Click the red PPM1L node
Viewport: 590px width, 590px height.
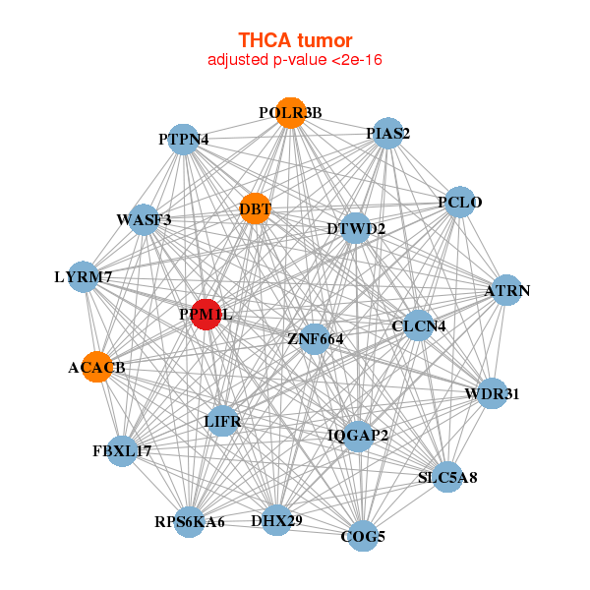206,315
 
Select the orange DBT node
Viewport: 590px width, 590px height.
255,208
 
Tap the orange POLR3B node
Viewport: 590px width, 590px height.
290,112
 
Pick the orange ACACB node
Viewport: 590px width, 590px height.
96,368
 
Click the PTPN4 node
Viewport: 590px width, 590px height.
184,140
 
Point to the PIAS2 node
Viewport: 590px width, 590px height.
388,133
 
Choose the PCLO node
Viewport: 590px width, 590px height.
459,204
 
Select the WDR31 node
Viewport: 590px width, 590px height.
492,394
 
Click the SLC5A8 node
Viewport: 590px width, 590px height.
447,478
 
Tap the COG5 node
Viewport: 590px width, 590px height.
363,536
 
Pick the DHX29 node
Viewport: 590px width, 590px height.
277,520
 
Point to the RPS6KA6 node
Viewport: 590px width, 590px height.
190,521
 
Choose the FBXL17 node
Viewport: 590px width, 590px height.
122,451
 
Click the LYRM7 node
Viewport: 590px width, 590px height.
83,277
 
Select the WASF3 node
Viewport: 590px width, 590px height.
144,219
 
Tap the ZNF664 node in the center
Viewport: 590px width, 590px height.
315,339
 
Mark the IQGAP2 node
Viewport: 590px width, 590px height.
357,435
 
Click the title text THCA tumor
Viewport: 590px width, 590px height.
295,40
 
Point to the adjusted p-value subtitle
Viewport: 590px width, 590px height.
295,60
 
